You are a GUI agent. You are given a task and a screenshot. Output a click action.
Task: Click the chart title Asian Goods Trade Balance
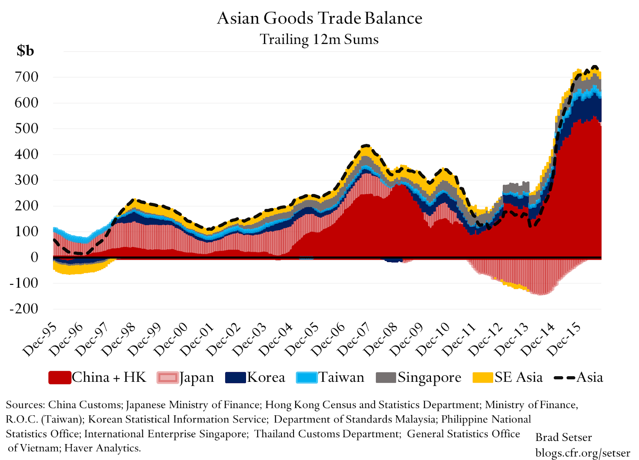coord(319,18)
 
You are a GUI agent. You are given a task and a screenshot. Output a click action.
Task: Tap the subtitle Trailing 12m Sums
coord(319,39)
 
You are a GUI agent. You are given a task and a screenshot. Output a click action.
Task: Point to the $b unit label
coord(25,51)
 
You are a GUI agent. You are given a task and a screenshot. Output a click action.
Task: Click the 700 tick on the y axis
coord(26,77)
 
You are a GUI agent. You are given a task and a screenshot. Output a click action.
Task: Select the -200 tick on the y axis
coord(24,308)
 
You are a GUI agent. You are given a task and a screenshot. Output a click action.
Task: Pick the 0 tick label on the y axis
coord(34,257)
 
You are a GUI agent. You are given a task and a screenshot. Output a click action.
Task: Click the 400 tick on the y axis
coord(26,154)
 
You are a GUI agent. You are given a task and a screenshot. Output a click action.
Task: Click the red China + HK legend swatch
coord(60,377)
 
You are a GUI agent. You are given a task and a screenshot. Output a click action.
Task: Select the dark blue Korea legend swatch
coord(235,377)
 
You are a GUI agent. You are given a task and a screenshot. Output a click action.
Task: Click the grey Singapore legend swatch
coord(386,377)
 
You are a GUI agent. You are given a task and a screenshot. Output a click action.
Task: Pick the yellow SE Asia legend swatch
coord(482,377)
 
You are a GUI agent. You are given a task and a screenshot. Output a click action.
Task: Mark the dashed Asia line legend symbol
coord(565,377)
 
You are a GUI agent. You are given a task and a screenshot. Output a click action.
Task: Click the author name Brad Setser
coord(563,437)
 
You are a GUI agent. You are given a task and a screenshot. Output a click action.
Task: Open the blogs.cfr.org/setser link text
coord(583,453)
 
